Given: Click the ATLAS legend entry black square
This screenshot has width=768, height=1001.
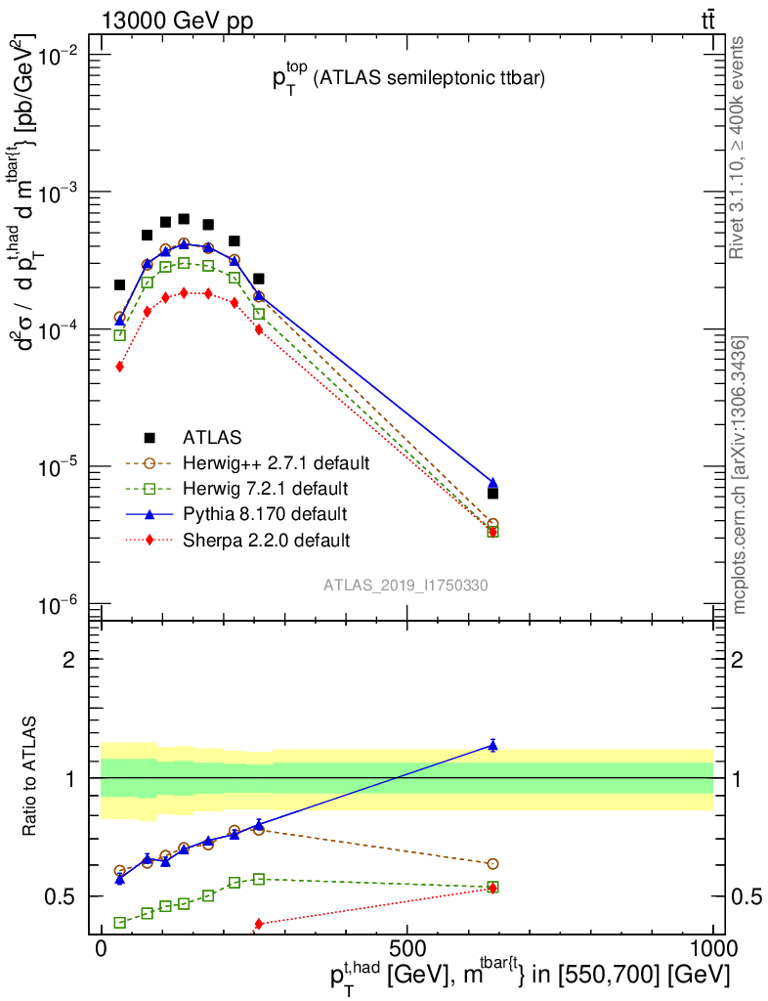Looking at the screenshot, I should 150,436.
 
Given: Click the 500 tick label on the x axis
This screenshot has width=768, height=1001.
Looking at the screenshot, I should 405,949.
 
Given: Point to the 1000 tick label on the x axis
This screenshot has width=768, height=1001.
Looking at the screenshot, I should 713,949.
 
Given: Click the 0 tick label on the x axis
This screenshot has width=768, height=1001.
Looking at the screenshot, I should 101,949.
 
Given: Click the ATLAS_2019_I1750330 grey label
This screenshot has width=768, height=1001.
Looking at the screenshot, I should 405,586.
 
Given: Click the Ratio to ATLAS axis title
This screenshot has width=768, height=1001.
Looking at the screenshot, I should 31,777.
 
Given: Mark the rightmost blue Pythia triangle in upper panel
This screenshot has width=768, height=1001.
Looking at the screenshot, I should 492,483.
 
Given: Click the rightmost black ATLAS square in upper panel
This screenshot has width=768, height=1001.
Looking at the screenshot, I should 492,494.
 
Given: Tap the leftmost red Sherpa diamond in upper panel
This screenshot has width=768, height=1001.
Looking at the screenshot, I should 120,367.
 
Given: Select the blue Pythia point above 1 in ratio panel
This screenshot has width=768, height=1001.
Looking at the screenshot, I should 492,746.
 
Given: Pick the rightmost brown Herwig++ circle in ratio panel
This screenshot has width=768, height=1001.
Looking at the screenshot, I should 492,864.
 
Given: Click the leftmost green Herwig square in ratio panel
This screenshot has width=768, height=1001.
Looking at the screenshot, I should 120,923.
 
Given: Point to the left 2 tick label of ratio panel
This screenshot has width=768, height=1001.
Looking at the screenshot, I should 69,659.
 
